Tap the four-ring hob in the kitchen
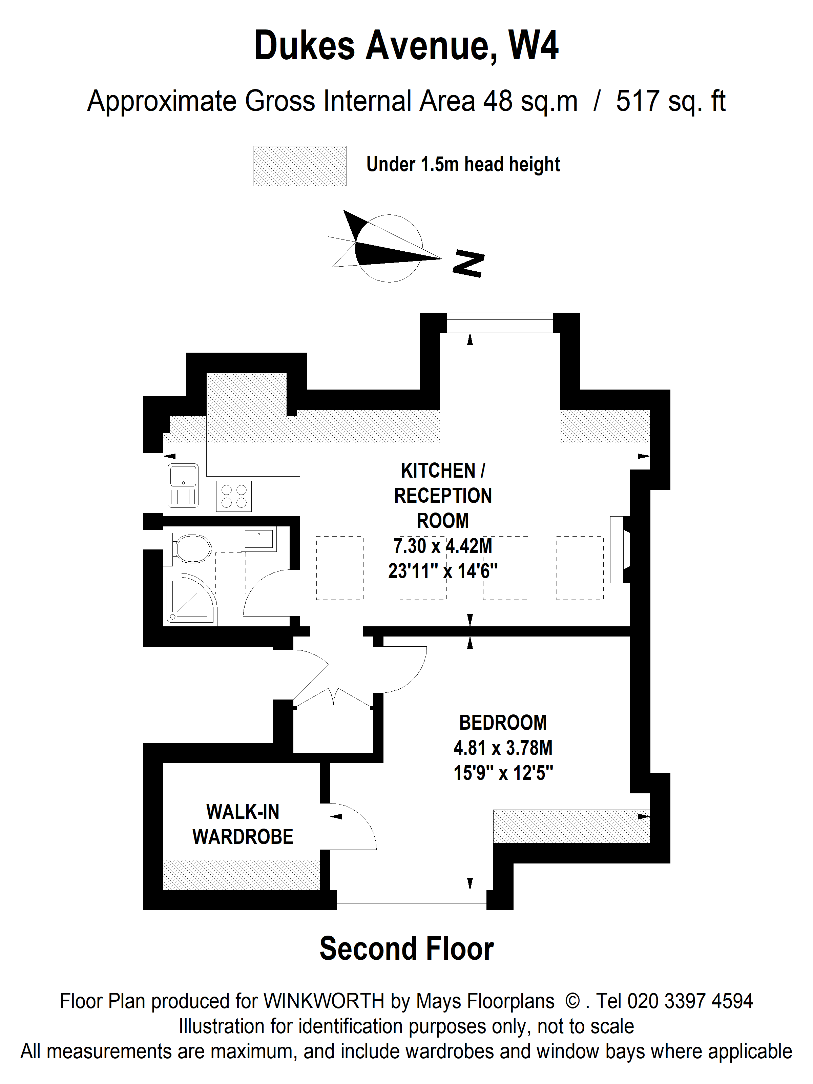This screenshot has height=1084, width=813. click(x=234, y=496)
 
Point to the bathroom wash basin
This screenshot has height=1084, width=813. click(x=258, y=539)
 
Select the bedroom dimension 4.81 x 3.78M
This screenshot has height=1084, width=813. click(x=503, y=748)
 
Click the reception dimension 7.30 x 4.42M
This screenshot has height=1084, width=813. click(x=442, y=545)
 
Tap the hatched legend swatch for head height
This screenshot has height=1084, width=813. click(x=299, y=166)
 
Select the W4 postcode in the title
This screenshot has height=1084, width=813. click(x=534, y=46)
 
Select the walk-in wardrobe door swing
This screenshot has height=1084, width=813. click(x=353, y=826)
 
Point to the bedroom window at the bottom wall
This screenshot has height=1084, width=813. click(x=411, y=900)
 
